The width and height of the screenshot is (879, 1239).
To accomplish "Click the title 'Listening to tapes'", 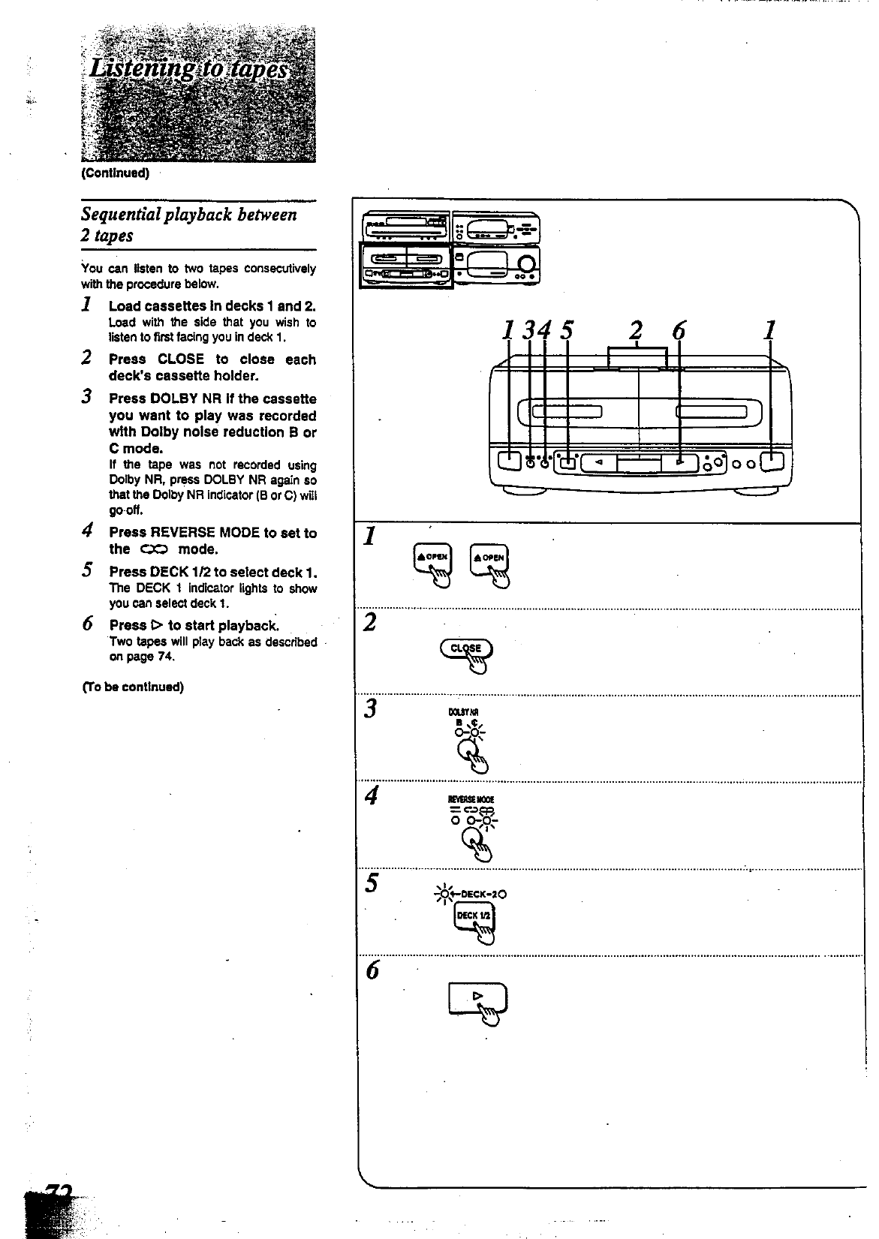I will (x=188, y=70).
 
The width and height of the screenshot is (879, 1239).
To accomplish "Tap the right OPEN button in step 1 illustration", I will (x=489, y=558).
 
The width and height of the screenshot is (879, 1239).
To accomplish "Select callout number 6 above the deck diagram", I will (x=679, y=330).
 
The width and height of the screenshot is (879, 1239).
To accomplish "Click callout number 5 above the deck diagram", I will (x=567, y=330).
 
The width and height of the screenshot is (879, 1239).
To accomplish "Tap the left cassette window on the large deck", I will (x=567, y=410).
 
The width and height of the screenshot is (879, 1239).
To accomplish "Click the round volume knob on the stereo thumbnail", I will (x=528, y=263).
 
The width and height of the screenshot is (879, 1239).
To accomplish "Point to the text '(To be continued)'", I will (x=133, y=687).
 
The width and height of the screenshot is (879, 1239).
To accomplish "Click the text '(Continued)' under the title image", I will (x=116, y=173).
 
